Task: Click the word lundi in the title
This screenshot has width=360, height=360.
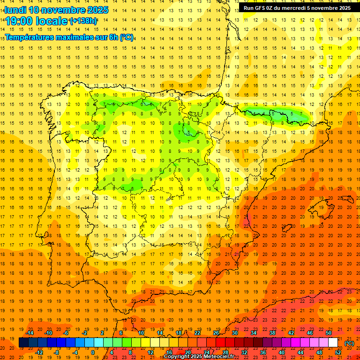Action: (15, 10)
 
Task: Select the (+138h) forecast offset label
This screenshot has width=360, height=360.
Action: (83, 21)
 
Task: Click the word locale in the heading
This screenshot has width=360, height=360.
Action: (53, 21)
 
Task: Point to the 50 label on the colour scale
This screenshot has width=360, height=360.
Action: (329, 333)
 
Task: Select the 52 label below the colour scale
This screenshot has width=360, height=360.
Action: (337, 352)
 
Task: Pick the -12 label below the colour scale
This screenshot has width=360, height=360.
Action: (39, 352)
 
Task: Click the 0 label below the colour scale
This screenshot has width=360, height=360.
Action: (93, 352)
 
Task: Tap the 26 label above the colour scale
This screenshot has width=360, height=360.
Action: (216, 333)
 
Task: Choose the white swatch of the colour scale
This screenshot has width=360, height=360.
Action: (333, 343)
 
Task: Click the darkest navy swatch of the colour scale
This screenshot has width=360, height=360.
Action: (23, 343)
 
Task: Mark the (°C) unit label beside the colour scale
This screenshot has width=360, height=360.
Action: (349, 343)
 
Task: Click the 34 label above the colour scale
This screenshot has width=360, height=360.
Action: (254, 333)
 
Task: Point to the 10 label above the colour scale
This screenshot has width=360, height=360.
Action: (141, 333)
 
